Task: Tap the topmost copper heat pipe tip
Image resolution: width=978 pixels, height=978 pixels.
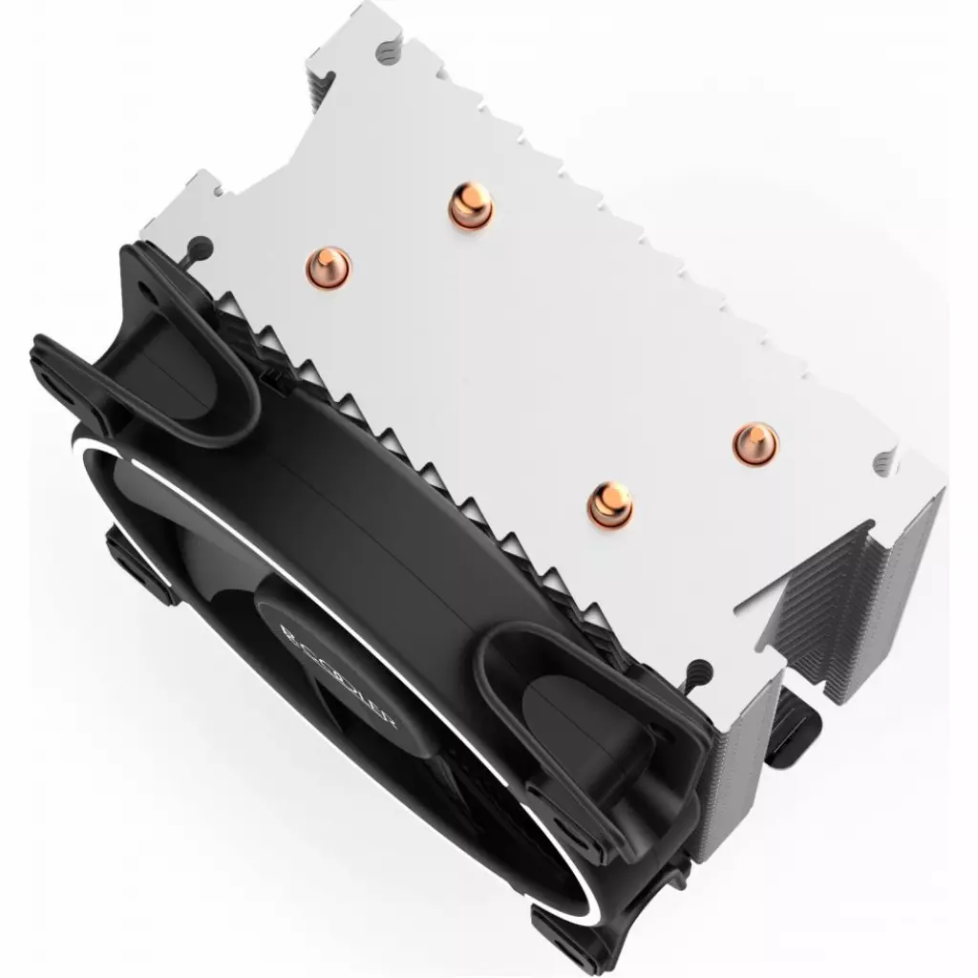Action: tap(471, 205)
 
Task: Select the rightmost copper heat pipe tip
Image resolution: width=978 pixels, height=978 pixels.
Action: tap(755, 442)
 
